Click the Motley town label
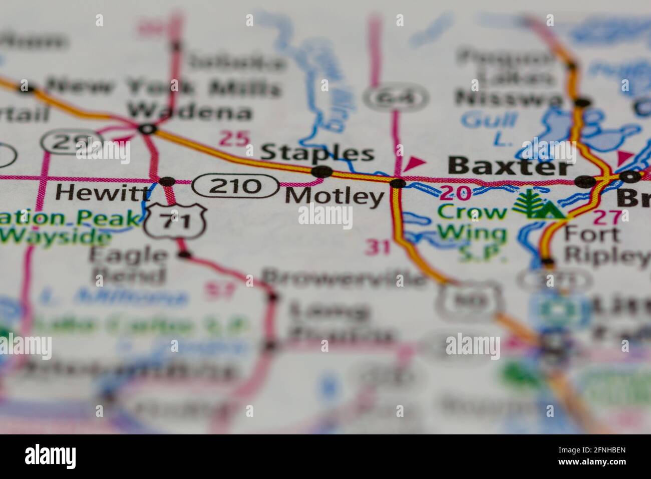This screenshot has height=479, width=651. tap(334, 196)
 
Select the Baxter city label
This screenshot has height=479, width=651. tap(509, 166)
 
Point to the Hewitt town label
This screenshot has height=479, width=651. tap(103, 191)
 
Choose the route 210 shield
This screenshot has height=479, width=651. tap(235, 186)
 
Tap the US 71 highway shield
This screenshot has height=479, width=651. tap(175, 221)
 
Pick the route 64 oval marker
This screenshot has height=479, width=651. tap(396, 98)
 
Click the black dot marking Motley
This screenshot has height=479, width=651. tap(398, 183)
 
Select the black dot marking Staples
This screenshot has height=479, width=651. tap(321, 172)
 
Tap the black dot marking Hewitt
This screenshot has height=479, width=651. tap(167, 181)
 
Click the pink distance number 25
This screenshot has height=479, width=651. tap(234, 138)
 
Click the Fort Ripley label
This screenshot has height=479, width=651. tap(606, 246)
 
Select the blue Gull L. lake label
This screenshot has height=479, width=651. tap(489, 127)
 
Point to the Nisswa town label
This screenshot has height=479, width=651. tap(509, 99)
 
